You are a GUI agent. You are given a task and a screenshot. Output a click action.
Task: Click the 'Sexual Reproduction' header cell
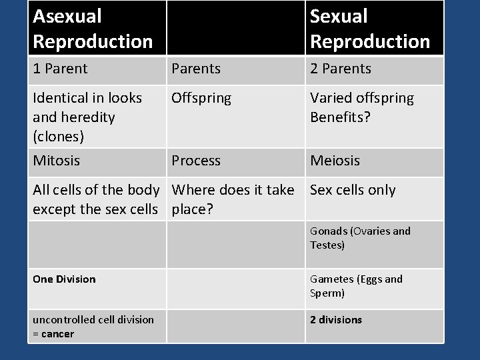pyautogui.click(x=370, y=28)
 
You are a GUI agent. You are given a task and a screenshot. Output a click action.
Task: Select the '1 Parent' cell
pyautogui.click(x=61, y=69)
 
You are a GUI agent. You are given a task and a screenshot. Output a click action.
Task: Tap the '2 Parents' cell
pyautogui.click(x=341, y=69)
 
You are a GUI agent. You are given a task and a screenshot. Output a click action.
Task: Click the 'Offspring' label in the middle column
pyautogui.click(x=201, y=98)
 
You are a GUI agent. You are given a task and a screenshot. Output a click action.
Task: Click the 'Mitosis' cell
pyautogui.click(x=57, y=161)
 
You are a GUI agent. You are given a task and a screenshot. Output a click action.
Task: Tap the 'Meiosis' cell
pyautogui.click(x=335, y=161)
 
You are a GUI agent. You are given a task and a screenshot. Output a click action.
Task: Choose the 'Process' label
pyautogui.click(x=196, y=161)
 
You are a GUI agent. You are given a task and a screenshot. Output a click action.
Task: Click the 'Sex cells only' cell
pyautogui.click(x=353, y=190)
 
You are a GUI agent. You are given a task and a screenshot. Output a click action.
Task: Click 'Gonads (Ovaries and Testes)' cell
pyautogui.click(x=360, y=238)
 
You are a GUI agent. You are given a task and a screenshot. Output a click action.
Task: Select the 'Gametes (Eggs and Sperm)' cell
pyautogui.click(x=356, y=286)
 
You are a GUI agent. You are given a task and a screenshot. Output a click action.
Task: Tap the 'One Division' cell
pyautogui.click(x=64, y=279)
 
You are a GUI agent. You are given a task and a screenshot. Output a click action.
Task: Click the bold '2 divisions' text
pyautogui.click(x=336, y=320)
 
